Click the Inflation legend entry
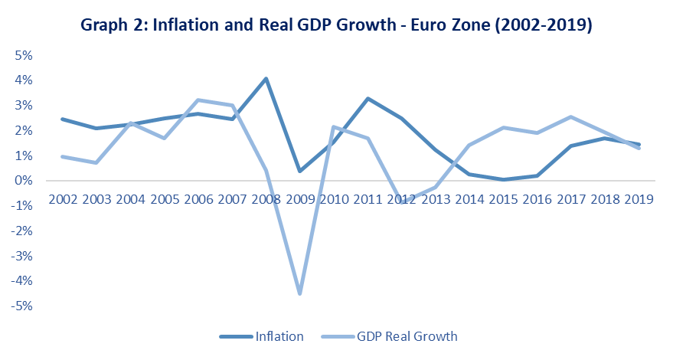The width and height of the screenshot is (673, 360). tap(279, 336)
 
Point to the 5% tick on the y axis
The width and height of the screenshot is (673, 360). tap(22, 55)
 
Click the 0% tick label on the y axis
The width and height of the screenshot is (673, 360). tap(22, 181)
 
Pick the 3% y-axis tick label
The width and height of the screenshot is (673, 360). tap(22, 106)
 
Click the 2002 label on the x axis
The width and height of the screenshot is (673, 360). tap(62, 199)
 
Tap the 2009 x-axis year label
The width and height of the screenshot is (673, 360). tap(299, 199)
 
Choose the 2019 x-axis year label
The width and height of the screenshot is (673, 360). tap(639, 199)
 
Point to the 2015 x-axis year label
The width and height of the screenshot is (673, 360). tap(503, 199)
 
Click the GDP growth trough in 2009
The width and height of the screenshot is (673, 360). tap(299, 293)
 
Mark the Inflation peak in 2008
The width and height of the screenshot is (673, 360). tap(266, 78)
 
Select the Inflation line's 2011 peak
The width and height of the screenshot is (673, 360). tap(368, 98)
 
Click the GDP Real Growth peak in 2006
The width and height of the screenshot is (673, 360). tap(198, 100)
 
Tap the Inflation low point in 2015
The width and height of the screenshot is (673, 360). tap(503, 179)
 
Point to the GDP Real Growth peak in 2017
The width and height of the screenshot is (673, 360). tap(571, 116)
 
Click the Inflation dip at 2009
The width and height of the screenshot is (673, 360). tap(299, 171)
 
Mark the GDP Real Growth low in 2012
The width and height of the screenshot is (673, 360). tap(401, 201)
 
